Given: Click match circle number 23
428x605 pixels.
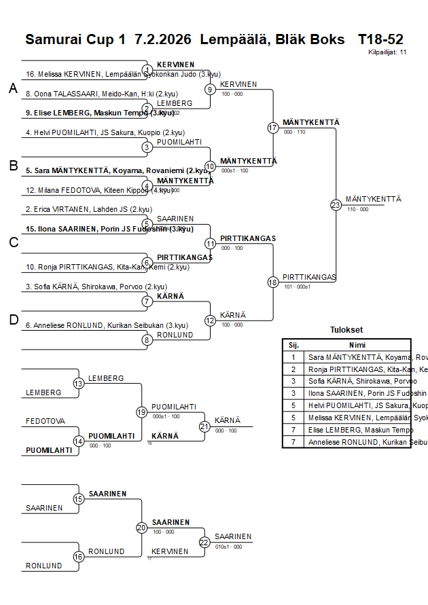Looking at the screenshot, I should [x=336, y=204].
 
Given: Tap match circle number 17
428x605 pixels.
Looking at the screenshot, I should [x=273, y=128].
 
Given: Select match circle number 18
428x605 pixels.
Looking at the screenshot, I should [x=273, y=282].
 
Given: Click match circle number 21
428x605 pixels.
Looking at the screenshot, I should [x=204, y=426].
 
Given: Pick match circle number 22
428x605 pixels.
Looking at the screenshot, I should [x=204, y=542].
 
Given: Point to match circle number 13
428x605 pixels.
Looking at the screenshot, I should [x=79, y=384].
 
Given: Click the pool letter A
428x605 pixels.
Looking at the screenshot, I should [x=13, y=89].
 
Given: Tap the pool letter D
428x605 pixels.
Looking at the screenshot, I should [x=13, y=320].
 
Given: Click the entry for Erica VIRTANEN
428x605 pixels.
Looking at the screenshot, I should [x=89, y=210].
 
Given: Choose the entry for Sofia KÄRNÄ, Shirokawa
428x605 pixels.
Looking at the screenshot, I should [x=96, y=287].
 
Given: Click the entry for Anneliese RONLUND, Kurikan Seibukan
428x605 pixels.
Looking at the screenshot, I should [x=107, y=325].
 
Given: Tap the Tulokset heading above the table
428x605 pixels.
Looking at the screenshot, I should [x=346, y=330].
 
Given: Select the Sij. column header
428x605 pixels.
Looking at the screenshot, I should [x=293, y=345].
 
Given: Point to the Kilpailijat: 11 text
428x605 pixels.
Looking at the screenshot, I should [x=387, y=52].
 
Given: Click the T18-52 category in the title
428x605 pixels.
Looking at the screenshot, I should [x=380, y=39].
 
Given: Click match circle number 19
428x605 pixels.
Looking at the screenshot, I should [x=141, y=412].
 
